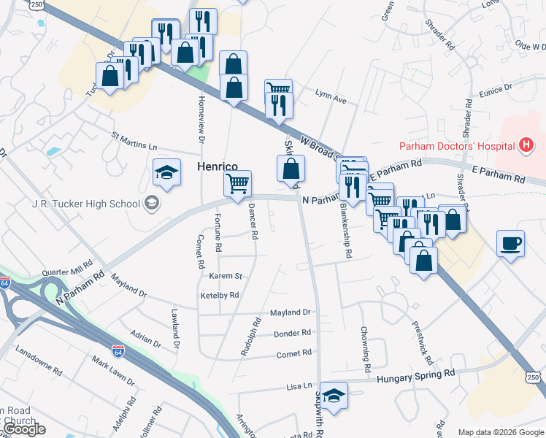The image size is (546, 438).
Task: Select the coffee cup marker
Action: [510, 243]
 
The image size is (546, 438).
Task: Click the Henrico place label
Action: [218, 167]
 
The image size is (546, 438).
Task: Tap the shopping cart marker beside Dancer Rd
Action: [238, 184]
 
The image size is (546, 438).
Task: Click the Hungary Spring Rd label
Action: [416, 373]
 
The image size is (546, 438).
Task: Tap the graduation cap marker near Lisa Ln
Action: [334, 396]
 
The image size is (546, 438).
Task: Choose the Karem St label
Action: [225, 277]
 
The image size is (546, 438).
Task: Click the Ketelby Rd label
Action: [220, 296]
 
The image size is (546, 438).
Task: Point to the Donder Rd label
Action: [292, 333]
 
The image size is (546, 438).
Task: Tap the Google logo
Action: [24, 429]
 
